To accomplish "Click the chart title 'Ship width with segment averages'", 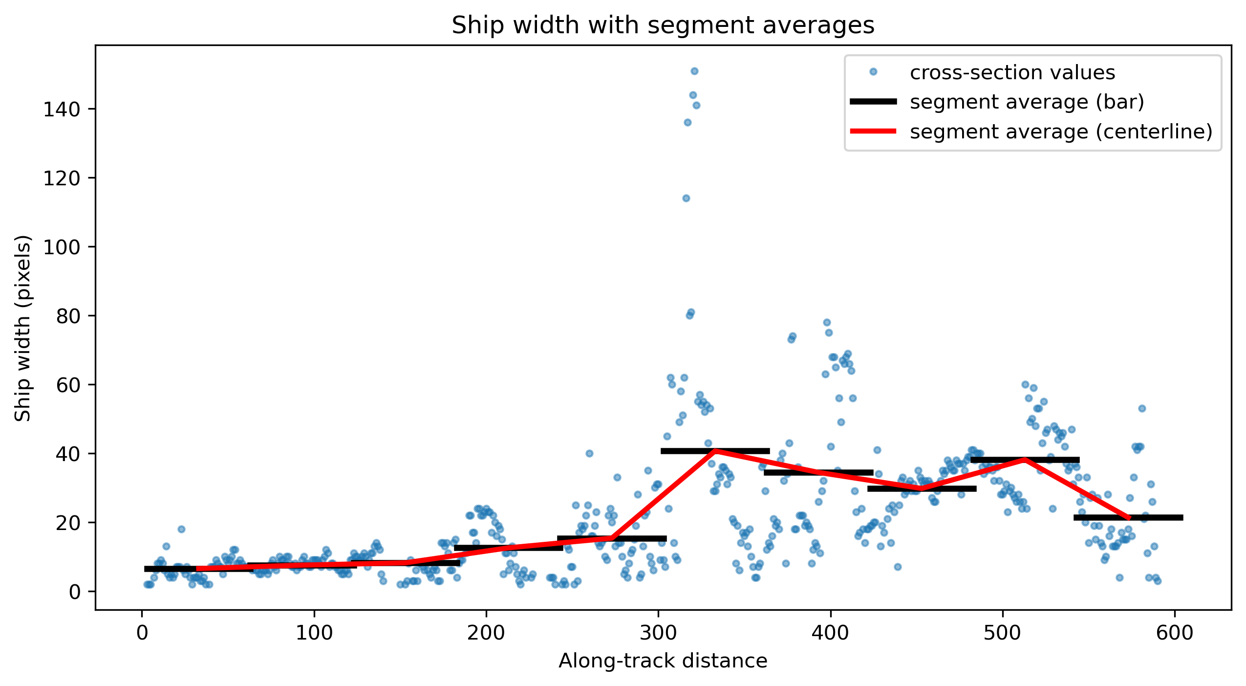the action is (663, 25).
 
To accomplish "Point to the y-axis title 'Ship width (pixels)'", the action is (22, 328).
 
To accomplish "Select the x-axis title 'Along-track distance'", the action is (663, 661).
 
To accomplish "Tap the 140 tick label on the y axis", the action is (61, 109).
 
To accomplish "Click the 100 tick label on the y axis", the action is (61, 247).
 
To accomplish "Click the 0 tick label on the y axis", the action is (74, 592).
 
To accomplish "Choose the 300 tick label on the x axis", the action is (658, 633).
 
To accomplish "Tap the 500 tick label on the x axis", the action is (1003, 633).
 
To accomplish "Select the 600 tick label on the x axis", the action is (1175, 633).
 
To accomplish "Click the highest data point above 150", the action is (694, 71).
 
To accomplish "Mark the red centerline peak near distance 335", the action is (715, 450).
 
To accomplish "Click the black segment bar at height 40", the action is (715, 451).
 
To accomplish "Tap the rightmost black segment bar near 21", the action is (1128, 517).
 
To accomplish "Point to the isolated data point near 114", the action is (686, 198).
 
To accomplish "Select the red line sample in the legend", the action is (873, 131).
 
